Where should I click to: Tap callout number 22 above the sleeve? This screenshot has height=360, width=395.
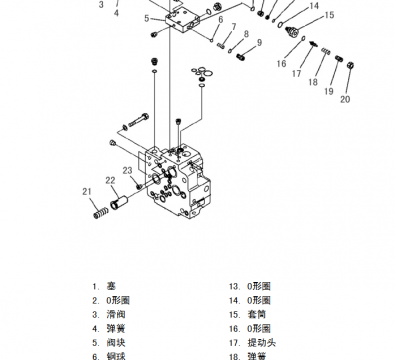coord(111,181)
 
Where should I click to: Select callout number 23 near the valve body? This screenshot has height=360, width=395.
coord(128,170)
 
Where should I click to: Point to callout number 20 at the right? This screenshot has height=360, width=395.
coord(345,99)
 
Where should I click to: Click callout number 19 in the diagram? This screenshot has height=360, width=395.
coord(326,92)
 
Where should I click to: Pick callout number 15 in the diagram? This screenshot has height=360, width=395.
coord(329,15)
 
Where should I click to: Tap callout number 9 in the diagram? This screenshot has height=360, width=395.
coord(258,43)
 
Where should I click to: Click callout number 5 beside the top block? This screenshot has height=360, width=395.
coord(146,18)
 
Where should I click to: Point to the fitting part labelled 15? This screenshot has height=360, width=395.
coord(294,34)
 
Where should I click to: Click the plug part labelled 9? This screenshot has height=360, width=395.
coord(243,58)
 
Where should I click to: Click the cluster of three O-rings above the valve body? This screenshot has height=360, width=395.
coord(202,72)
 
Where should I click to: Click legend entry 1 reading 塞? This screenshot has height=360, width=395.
coord(112,285)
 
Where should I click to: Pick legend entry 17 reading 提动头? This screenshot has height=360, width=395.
coord(259,341)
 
